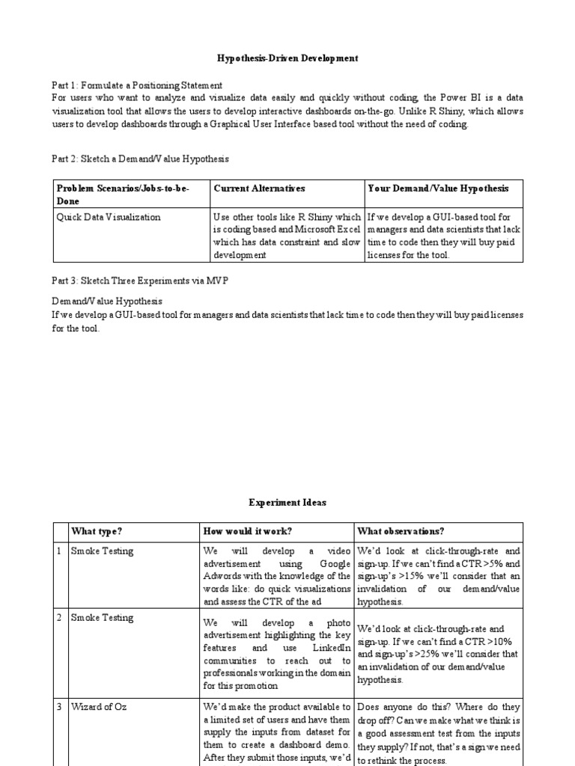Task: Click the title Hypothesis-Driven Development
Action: pyautogui.click(x=287, y=58)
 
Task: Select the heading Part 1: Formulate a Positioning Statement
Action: pyautogui.click(x=137, y=85)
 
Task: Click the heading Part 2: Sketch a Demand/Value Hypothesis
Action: pyautogui.click(x=140, y=159)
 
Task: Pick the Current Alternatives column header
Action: pyautogui.click(x=259, y=189)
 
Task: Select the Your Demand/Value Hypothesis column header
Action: pyautogui.click(x=438, y=189)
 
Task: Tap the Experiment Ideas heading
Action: pyautogui.click(x=287, y=503)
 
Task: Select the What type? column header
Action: pyautogui.click(x=97, y=531)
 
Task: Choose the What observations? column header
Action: pyautogui.click(x=401, y=531)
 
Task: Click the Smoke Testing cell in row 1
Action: pyautogui.click(x=102, y=551)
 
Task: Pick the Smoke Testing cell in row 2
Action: pyautogui.click(x=102, y=618)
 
